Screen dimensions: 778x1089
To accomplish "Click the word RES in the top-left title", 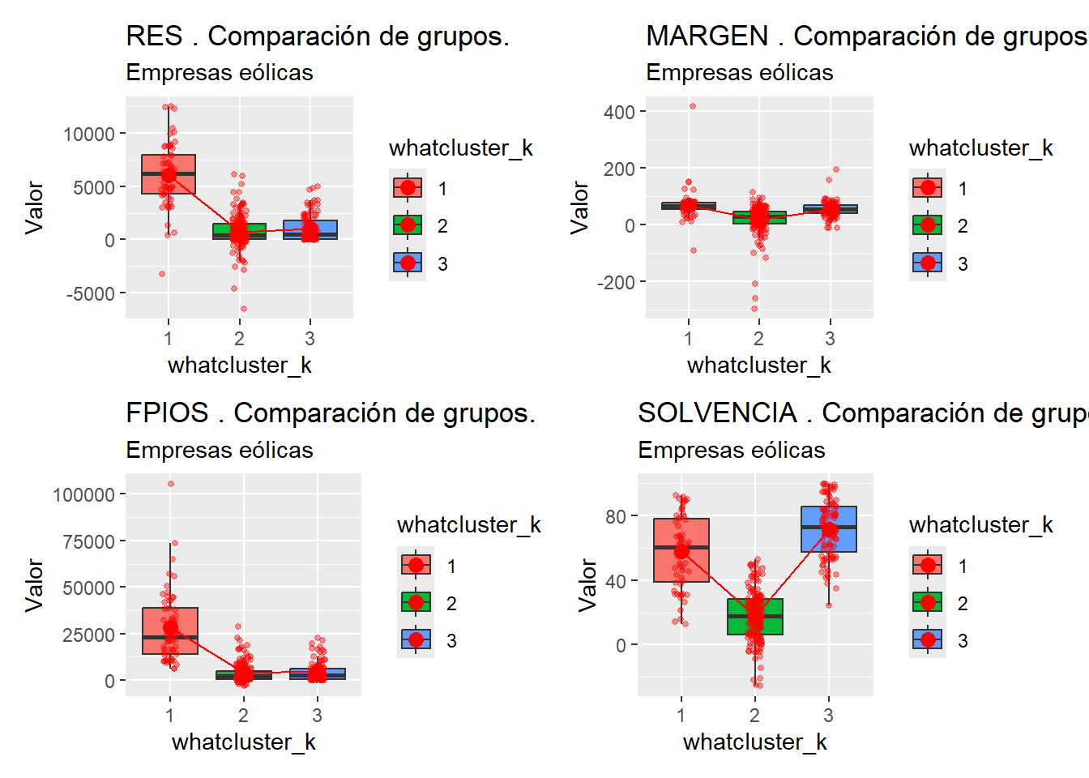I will [154, 36].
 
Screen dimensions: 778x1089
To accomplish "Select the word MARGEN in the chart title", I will [707, 36].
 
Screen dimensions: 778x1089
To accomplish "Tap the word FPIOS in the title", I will [167, 413].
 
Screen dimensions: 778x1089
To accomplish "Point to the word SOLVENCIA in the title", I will [717, 413].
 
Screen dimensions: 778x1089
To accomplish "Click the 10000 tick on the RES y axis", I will [89, 134].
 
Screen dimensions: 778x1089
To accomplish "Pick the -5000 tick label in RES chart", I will [91, 293].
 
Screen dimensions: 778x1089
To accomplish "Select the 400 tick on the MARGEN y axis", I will [619, 112].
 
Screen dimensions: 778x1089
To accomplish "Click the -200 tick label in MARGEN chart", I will [616, 282].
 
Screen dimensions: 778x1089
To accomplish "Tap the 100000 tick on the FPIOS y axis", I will [83, 494].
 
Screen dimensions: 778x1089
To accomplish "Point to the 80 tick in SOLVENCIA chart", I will [616, 516].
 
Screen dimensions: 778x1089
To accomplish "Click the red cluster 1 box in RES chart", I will [169, 174].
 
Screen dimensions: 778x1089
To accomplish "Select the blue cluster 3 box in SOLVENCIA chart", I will [828, 529].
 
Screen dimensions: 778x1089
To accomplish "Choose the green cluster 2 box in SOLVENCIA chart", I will [755, 617].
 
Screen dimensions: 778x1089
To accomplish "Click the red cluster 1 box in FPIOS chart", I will [170, 631].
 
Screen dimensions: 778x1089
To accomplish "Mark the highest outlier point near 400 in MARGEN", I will [692, 106].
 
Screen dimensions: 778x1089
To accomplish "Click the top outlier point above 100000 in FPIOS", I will [170, 484].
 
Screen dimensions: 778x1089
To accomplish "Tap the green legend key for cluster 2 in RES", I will [408, 225].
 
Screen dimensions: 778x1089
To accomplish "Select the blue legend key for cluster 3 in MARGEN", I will [928, 263].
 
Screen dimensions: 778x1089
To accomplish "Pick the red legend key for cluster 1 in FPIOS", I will [416, 565].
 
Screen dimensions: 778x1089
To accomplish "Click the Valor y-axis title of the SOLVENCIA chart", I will [588, 584].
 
